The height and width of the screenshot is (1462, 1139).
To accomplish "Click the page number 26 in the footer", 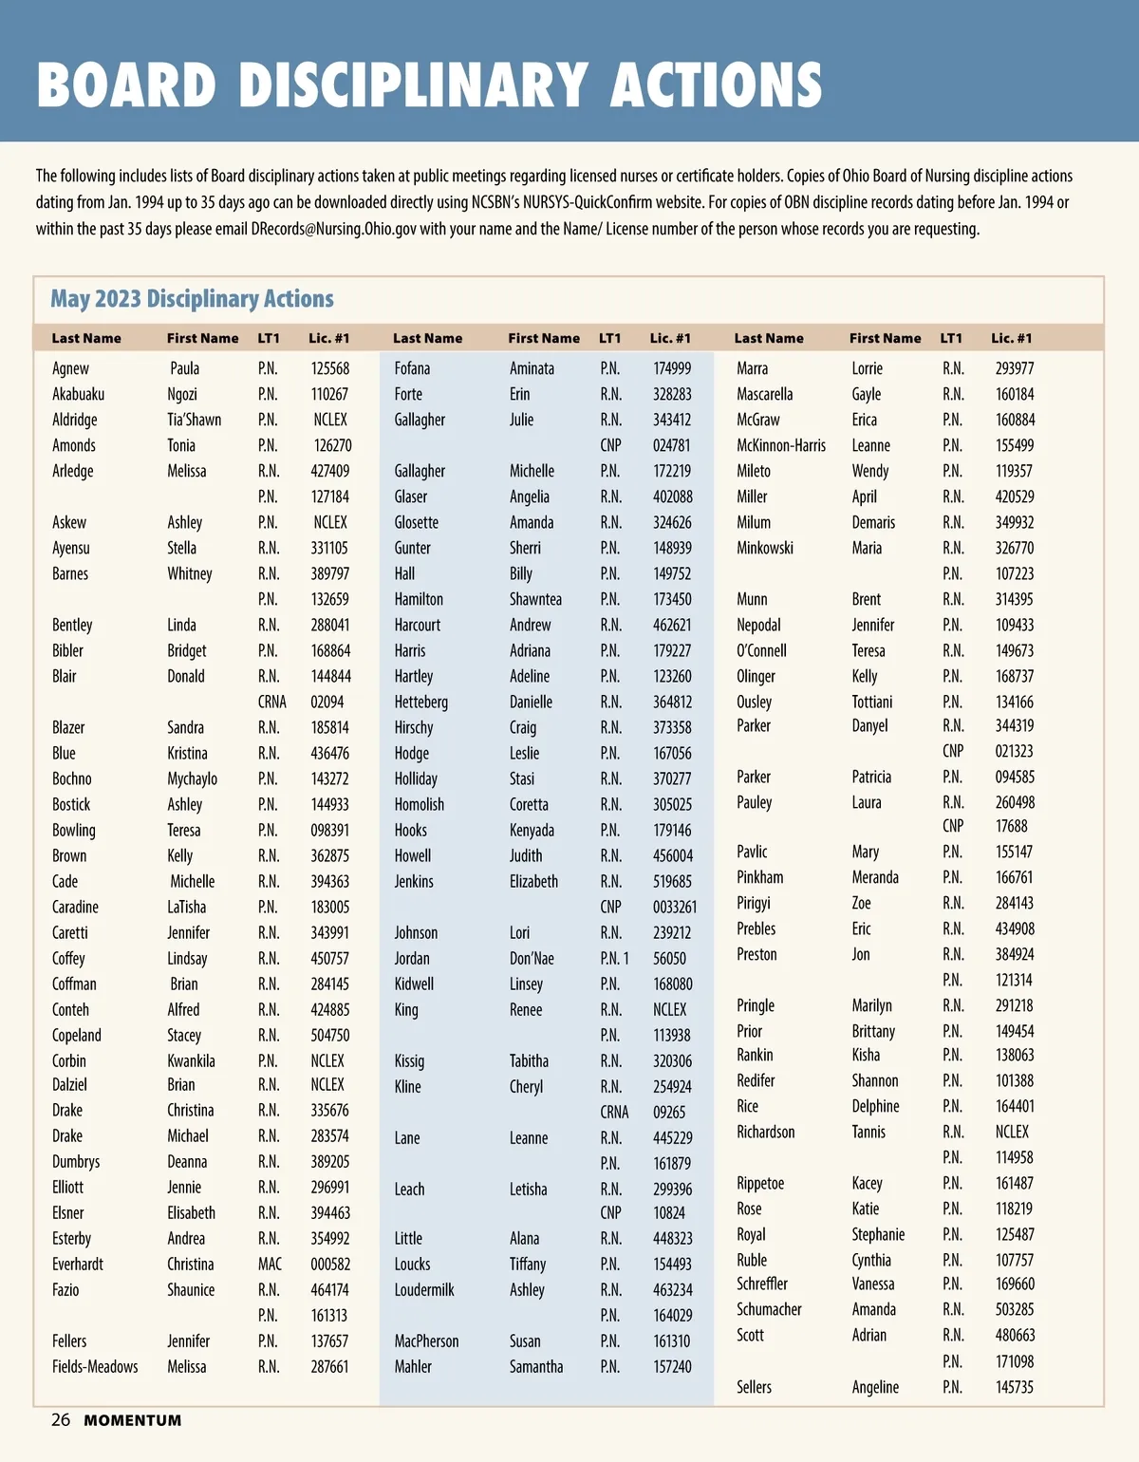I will (61, 1420).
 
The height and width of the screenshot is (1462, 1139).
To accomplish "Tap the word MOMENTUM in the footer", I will (133, 1421).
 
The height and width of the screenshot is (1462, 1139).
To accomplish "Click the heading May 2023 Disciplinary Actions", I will (192, 299).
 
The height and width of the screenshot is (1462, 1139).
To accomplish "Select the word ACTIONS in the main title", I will (717, 85).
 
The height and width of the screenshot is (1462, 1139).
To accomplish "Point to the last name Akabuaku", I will (79, 394).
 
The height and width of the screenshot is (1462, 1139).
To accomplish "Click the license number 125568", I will (329, 368).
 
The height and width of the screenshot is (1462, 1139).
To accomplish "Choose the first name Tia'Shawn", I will (195, 420).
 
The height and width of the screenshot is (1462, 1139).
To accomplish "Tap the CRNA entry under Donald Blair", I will (271, 702).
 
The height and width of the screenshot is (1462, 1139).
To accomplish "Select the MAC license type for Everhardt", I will (270, 1265).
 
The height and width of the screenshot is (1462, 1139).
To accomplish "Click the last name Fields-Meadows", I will (95, 1367).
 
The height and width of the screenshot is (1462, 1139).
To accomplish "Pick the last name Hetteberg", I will (421, 702).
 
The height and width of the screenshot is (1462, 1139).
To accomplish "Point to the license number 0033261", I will (675, 907).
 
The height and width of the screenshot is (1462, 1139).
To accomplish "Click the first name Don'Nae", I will (532, 959).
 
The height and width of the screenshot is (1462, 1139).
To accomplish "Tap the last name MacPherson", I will (426, 1341).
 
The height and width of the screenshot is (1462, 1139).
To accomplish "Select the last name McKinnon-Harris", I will (781, 445).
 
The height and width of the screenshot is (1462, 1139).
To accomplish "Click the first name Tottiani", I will (872, 702).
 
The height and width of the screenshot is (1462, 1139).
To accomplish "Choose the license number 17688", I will (1012, 826).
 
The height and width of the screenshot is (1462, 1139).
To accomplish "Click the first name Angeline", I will (875, 1387).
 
